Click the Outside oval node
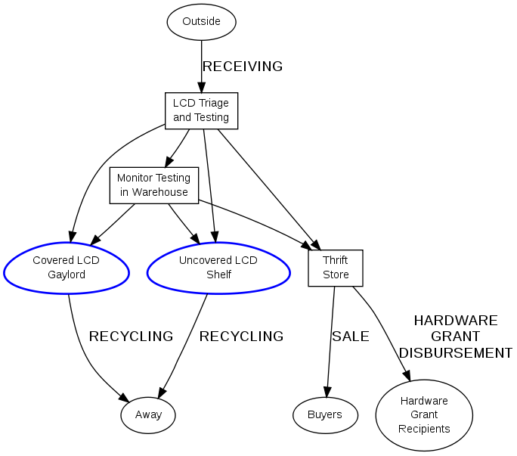[x=201, y=21]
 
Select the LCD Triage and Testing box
[x=201, y=110]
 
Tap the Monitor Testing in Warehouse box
[x=153, y=185]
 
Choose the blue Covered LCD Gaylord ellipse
[x=67, y=268]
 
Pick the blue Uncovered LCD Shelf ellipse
[x=218, y=268]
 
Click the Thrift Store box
[x=336, y=268]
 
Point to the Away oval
[x=148, y=414]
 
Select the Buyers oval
[x=324, y=414]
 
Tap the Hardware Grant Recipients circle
[x=424, y=414]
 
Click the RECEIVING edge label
[x=242, y=67]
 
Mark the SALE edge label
[x=351, y=337]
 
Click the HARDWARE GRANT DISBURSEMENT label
[x=455, y=337]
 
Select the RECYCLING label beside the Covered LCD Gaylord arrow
[x=131, y=337]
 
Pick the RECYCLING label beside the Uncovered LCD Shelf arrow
[x=241, y=337]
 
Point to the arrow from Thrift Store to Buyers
[x=330, y=340]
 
